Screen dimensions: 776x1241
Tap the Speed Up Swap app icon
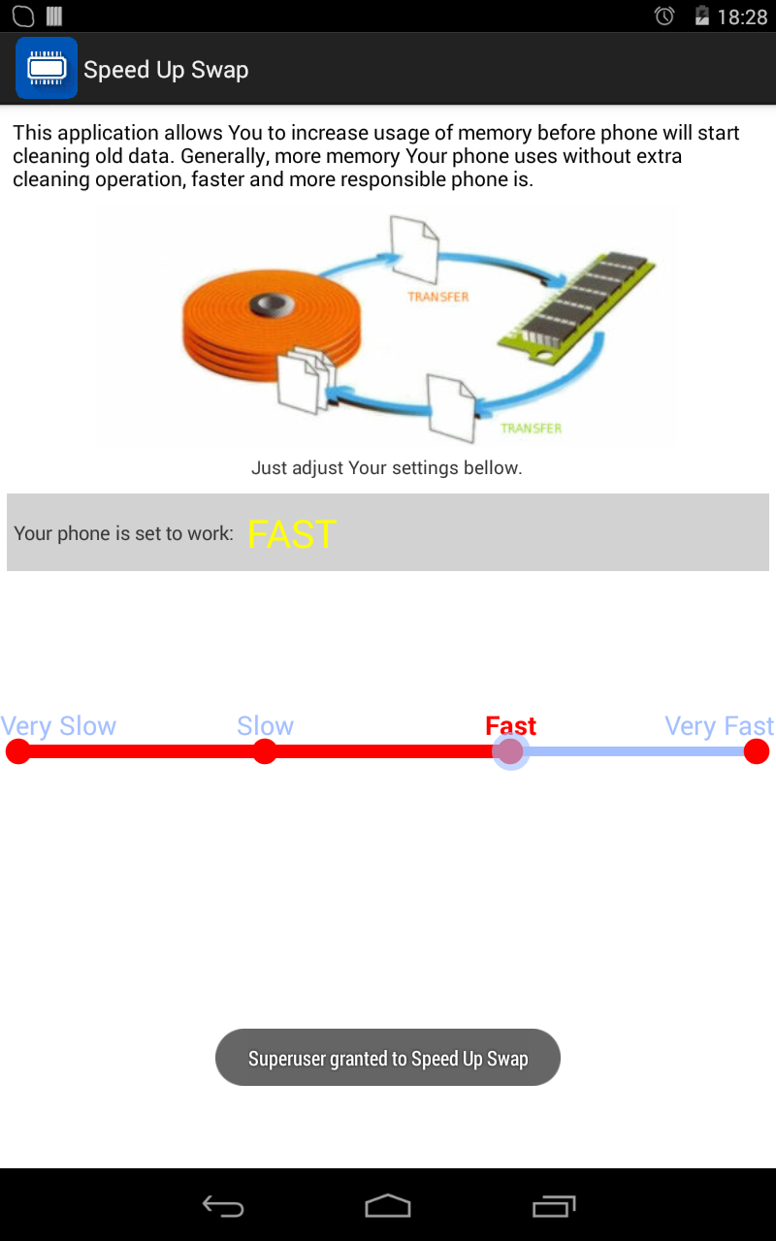(47, 68)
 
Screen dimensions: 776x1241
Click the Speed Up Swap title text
(166, 71)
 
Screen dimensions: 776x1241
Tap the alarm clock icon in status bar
(664, 16)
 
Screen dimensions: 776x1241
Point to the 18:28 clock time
(742, 16)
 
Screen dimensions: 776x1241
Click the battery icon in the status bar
(701, 16)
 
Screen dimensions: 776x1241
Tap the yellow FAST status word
(292, 534)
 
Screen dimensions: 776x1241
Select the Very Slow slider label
(58, 726)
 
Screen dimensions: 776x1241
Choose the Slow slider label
(265, 725)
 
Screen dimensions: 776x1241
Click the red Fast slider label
(510, 725)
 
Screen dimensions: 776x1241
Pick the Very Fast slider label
(720, 726)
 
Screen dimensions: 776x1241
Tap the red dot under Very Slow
(18, 751)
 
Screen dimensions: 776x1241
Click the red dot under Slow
(265, 751)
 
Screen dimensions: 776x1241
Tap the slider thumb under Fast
(510, 751)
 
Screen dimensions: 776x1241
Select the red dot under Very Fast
(756, 751)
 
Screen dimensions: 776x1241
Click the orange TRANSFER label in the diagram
(437, 297)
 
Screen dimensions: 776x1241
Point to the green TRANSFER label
(531, 429)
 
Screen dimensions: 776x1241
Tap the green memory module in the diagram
(576, 307)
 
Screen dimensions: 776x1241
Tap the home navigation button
(388, 1205)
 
